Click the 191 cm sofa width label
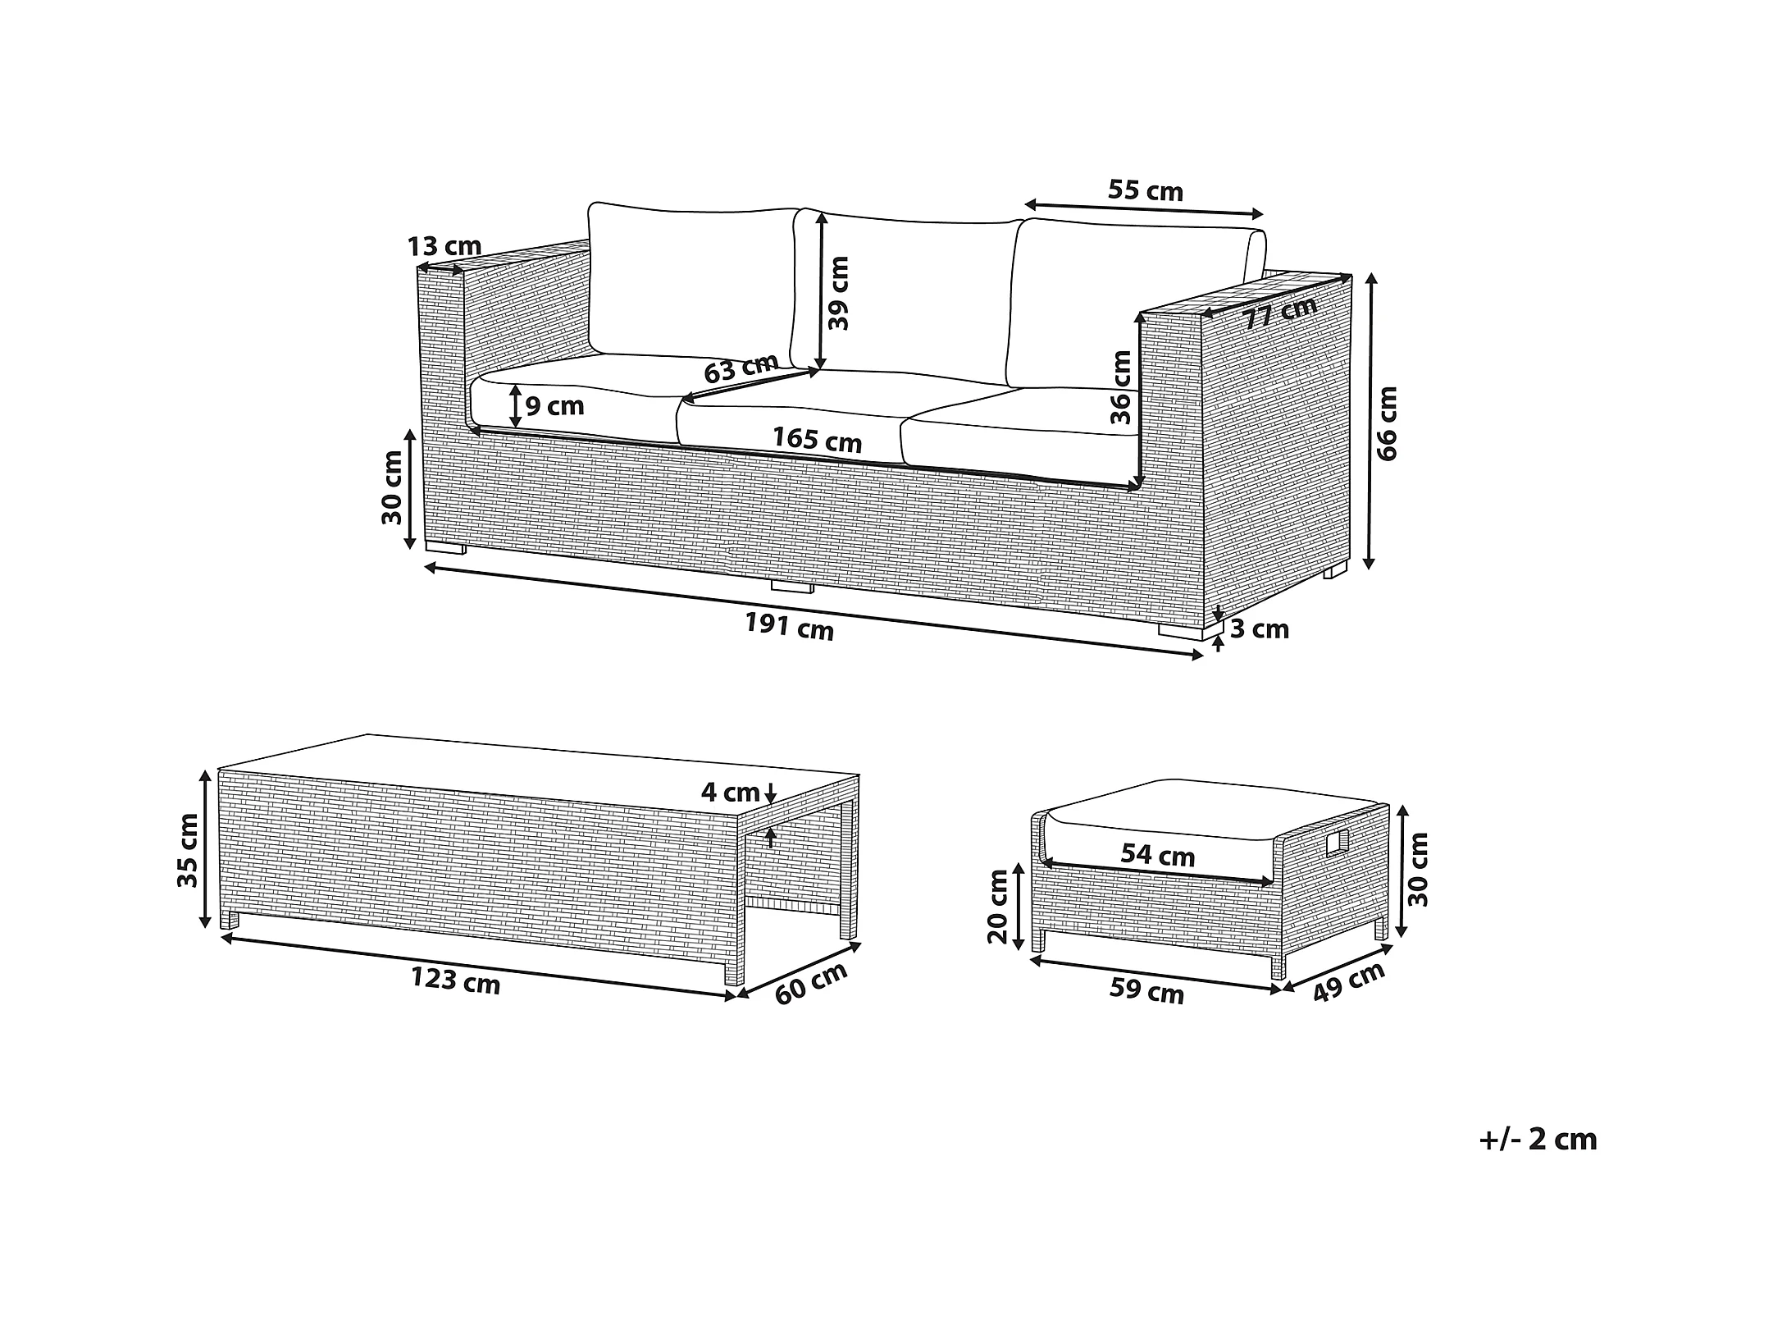pyautogui.click(x=789, y=628)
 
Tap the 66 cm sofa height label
pyautogui.click(x=1387, y=423)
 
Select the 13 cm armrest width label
pyautogui.click(x=444, y=246)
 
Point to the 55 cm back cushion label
pyautogui.click(x=1146, y=190)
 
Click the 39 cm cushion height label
pyautogui.click(x=839, y=293)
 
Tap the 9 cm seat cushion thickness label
pyautogui.click(x=554, y=405)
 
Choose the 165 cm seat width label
pyautogui.click(x=817, y=440)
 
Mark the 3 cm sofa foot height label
pyautogui.click(x=1260, y=629)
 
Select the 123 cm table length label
pyautogui.click(x=455, y=980)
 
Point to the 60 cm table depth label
pyautogui.click(x=811, y=983)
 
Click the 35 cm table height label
pyautogui.click(x=189, y=850)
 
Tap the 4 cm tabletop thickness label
pyautogui.click(x=730, y=793)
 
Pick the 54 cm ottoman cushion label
pyautogui.click(x=1157, y=856)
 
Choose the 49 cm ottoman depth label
pyautogui.click(x=1348, y=981)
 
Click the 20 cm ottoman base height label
pyautogui.click(x=998, y=907)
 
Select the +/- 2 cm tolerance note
pyautogui.click(x=1538, y=1140)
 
